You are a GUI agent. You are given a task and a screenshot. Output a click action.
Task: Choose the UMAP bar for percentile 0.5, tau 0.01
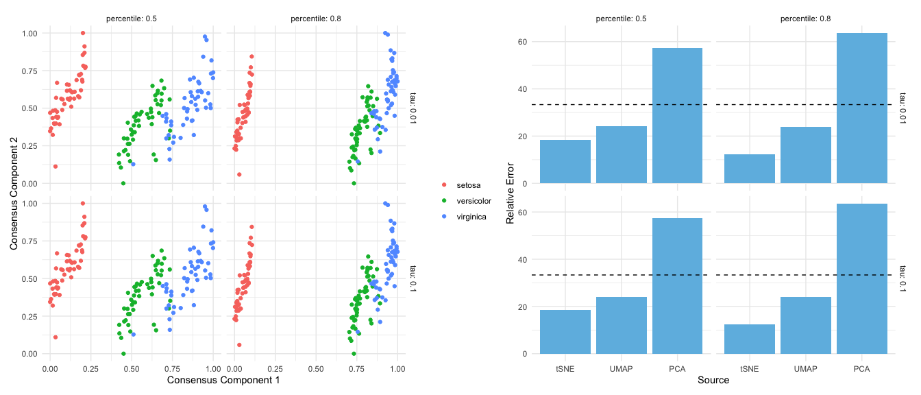click(622, 155)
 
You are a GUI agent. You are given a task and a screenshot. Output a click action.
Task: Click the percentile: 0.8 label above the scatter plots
click(315, 18)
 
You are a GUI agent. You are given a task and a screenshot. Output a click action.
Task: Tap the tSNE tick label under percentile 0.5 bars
click(565, 369)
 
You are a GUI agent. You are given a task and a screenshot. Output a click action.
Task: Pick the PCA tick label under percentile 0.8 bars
click(861, 369)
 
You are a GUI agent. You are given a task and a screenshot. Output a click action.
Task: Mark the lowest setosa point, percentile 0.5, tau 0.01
click(56, 167)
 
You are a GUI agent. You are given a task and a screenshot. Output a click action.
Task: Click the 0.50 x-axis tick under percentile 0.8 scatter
click(316, 368)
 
